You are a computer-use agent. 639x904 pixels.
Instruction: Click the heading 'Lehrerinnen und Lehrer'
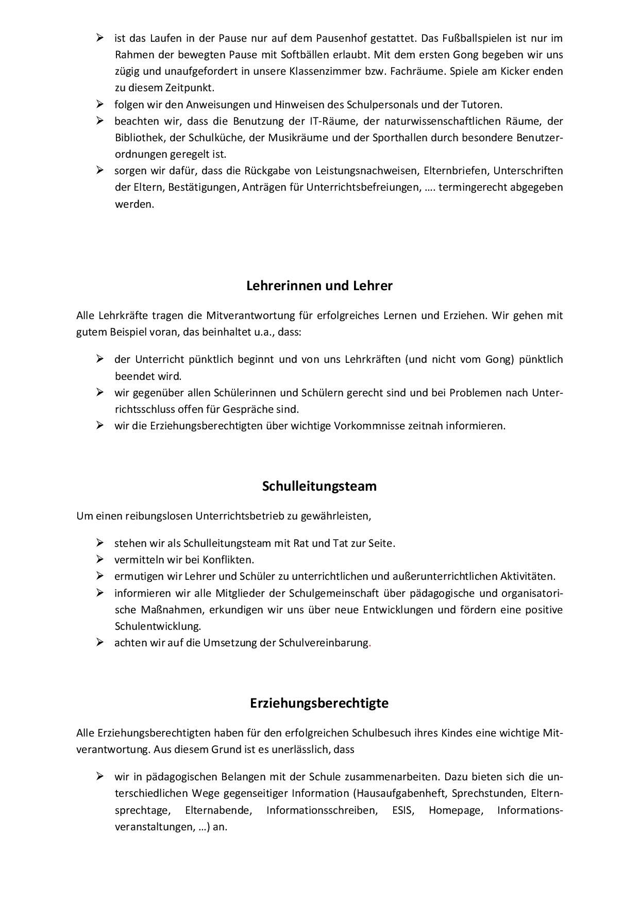click(x=319, y=286)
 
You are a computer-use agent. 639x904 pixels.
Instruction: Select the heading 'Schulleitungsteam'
click(x=319, y=487)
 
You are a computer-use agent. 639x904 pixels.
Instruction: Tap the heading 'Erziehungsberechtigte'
click(x=319, y=704)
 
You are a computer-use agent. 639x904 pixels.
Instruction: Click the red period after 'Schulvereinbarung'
click(x=370, y=643)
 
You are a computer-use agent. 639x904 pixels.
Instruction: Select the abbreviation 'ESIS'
click(x=402, y=810)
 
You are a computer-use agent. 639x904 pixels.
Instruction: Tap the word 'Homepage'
click(x=456, y=810)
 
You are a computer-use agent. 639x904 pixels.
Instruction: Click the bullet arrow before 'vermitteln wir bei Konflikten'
click(x=100, y=559)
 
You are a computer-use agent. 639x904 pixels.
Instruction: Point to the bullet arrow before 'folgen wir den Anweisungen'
click(x=100, y=104)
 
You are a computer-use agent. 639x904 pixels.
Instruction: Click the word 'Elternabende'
click(x=218, y=810)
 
